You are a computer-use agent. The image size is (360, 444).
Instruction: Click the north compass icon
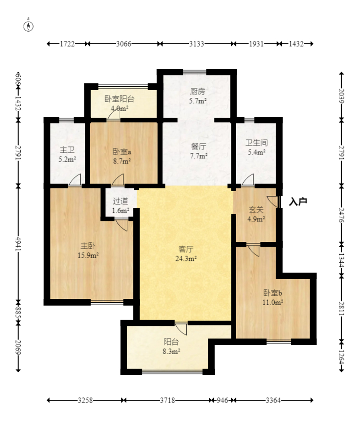[28, 25]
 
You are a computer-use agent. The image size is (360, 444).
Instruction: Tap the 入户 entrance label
[298, 202]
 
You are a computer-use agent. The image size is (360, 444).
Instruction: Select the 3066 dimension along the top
[123, 44]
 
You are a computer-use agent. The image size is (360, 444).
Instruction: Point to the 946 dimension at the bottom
[222, 400]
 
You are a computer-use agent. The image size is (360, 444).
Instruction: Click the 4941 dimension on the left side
[18, 244]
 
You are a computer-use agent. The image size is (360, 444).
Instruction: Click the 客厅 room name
[186, 249]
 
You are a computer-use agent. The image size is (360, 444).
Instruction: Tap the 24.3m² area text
[186, 258]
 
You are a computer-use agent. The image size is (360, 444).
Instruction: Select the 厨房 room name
[197, 91]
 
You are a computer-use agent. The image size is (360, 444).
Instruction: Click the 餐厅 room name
[198, 146]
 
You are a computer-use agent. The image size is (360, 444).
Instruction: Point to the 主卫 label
[67, 150]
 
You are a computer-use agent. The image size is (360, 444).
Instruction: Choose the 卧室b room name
[273, 293]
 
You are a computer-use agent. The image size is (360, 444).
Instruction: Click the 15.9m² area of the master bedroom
[88, 255]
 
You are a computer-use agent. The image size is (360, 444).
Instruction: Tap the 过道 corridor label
[121, 201]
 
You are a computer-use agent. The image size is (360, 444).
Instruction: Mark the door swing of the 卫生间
[247, 180]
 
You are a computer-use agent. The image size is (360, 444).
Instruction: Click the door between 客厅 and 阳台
[181, 328]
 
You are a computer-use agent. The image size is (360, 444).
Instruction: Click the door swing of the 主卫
[74, 180]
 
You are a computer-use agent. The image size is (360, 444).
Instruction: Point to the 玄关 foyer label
[256, 210]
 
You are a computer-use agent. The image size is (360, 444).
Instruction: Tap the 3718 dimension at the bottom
[167, 400]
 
